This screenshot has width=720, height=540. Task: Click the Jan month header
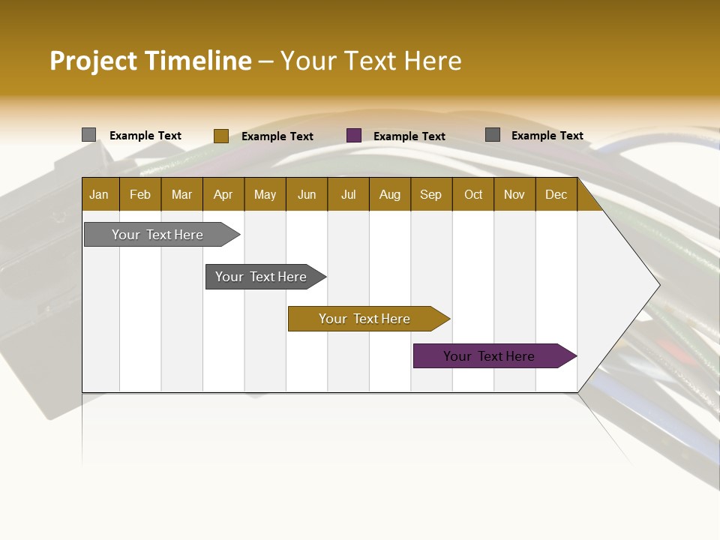click(99, 194)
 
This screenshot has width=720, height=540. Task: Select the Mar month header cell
click(181, 194)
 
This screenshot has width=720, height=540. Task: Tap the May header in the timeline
click(265, 194)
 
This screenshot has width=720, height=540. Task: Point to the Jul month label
click(348, 194)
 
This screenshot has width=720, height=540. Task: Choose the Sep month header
click(430, 194)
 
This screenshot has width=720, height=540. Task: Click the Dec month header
click(556, 194)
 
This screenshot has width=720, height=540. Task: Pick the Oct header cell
click(473, 194)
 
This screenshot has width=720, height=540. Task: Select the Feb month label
click(140, 194)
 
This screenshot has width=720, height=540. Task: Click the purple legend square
click(354, 136)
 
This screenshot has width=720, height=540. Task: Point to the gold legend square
click(221, 136)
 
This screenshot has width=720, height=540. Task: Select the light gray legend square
click(88, 135)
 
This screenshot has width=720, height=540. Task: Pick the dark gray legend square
click(493, 135)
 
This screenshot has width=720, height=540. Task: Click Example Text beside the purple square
click(409, 136)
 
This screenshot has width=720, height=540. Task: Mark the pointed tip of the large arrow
click(658, 285)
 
